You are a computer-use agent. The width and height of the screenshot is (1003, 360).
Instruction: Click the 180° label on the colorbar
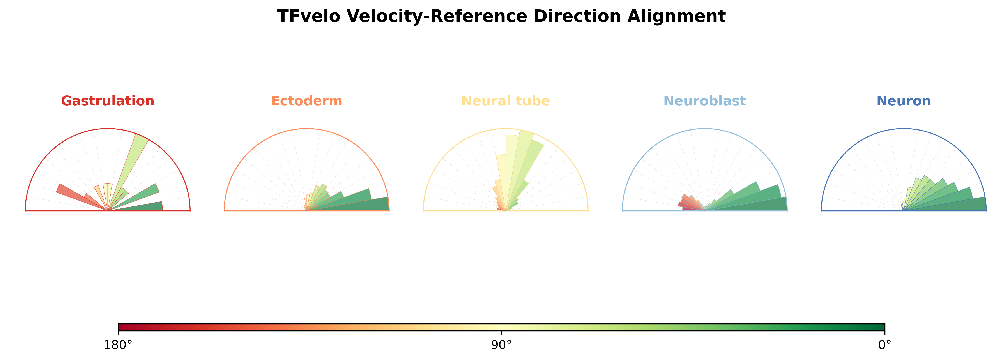click(x=118, y=345)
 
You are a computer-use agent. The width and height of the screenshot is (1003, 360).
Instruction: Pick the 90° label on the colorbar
click(x=502, y=345)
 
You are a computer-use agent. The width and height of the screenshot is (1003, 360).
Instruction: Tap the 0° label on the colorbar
click(x=885, y=345)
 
